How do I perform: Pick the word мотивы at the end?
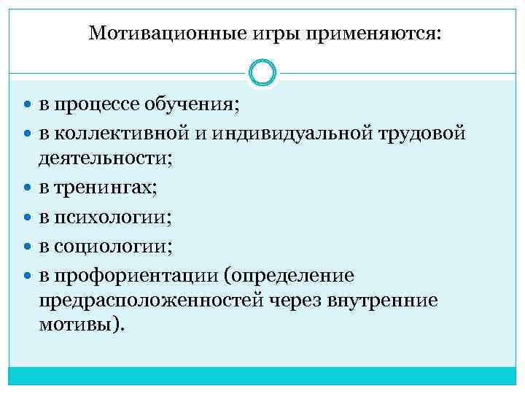click(x=76, y=324)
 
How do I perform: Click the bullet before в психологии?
click(x=28, y=218)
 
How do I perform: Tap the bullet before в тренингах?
click(x=28, y=189)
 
